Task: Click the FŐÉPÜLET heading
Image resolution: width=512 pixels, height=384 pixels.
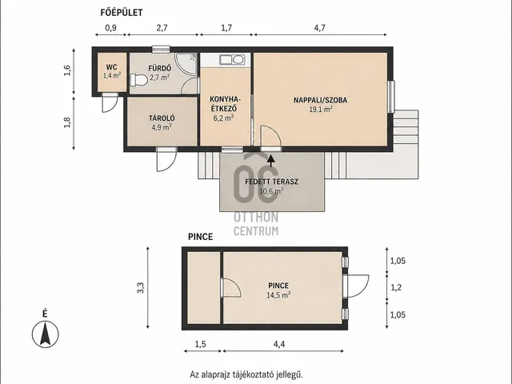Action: [122, 13]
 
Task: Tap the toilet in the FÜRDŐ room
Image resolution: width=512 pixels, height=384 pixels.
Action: [138, 80]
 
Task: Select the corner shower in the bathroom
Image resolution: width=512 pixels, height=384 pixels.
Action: [186, 64]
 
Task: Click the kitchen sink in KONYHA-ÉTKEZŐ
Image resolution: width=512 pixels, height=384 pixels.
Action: [232, 60]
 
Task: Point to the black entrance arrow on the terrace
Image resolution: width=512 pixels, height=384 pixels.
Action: [270, 160]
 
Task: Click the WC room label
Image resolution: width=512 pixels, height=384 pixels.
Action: [112, 67]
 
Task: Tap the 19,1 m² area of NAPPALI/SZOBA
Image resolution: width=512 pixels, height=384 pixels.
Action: [321, 109]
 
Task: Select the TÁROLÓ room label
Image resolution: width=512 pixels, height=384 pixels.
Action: [162, 118]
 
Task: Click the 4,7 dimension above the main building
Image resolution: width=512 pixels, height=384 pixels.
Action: [320, 28]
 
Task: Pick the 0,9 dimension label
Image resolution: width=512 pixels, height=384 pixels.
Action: [110, 28]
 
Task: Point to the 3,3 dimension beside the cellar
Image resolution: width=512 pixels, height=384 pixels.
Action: [141, 288]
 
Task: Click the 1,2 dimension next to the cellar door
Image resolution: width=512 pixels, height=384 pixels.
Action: [396, 288]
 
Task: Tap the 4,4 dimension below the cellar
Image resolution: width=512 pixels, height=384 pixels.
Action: [279, 344]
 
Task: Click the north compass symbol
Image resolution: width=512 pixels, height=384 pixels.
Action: [46, 334]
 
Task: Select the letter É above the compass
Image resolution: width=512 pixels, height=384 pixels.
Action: [45, 314]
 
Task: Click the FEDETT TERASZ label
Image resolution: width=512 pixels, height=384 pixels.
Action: [272, 182]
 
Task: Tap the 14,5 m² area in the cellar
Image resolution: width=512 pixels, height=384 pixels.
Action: [278, 295]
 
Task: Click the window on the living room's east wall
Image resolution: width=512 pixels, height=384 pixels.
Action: [391, 97]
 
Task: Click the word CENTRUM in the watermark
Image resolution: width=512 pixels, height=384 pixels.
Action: [256, 231]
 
